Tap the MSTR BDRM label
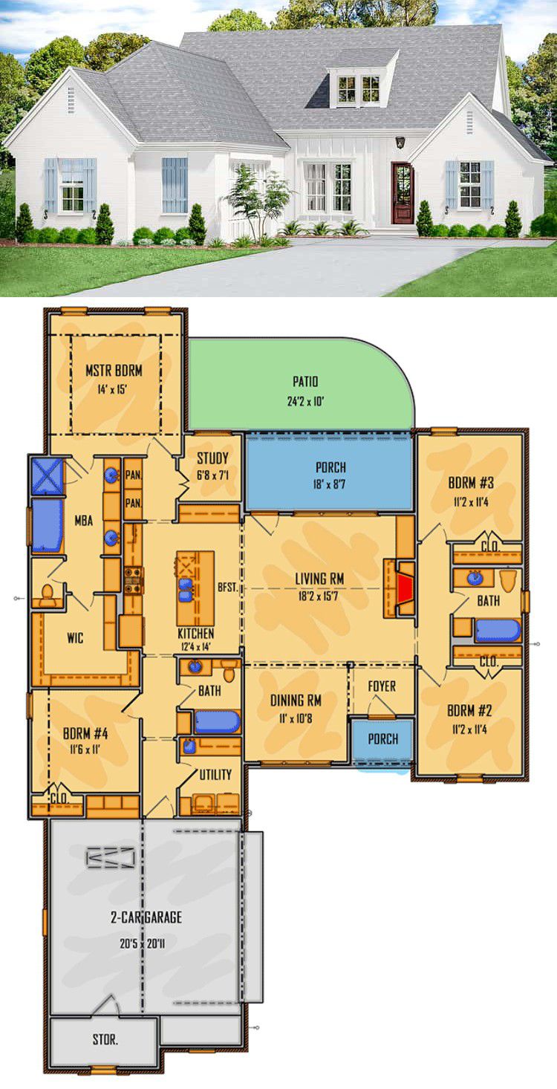(x=114, y=371)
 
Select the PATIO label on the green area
(x=305, y=382)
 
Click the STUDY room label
(x=212, y=458)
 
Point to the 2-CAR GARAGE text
(x=146, y=917)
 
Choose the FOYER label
(x=382, y=686)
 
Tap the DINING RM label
(x=296, y=700)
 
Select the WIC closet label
(x=75, y=638)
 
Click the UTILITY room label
(x=215, y=775)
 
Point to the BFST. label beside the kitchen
(x=227, y=588)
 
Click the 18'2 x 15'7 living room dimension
(x=318, y=596)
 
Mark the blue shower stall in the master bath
(x=47, y=476)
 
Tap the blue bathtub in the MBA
(x=48, y=525)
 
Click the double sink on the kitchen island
(x=185, y=591)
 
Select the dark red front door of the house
(x=403, y=193)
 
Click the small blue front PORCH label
(x=383, y=739)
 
